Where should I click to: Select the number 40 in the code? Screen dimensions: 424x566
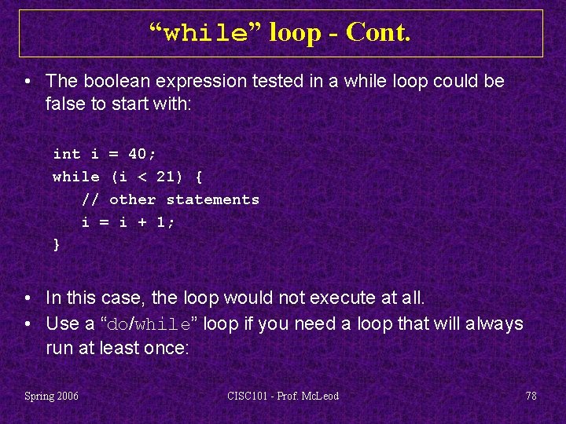tap(138, 155)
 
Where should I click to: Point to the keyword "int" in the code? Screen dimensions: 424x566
tap(67, 155)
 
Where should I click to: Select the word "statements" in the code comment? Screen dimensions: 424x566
tap(212, 200)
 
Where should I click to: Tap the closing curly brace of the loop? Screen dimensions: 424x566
tap(57, 245)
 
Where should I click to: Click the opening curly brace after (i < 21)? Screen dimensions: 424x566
tap(198, 177)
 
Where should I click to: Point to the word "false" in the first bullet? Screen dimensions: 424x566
tap(65, 104)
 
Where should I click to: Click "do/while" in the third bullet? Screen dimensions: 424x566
tap(149, 324)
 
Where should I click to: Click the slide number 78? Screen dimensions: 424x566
tap(531, 396)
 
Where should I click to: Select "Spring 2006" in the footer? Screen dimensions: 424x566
tap(52, 396)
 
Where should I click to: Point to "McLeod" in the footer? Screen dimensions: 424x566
tap(321, 396)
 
